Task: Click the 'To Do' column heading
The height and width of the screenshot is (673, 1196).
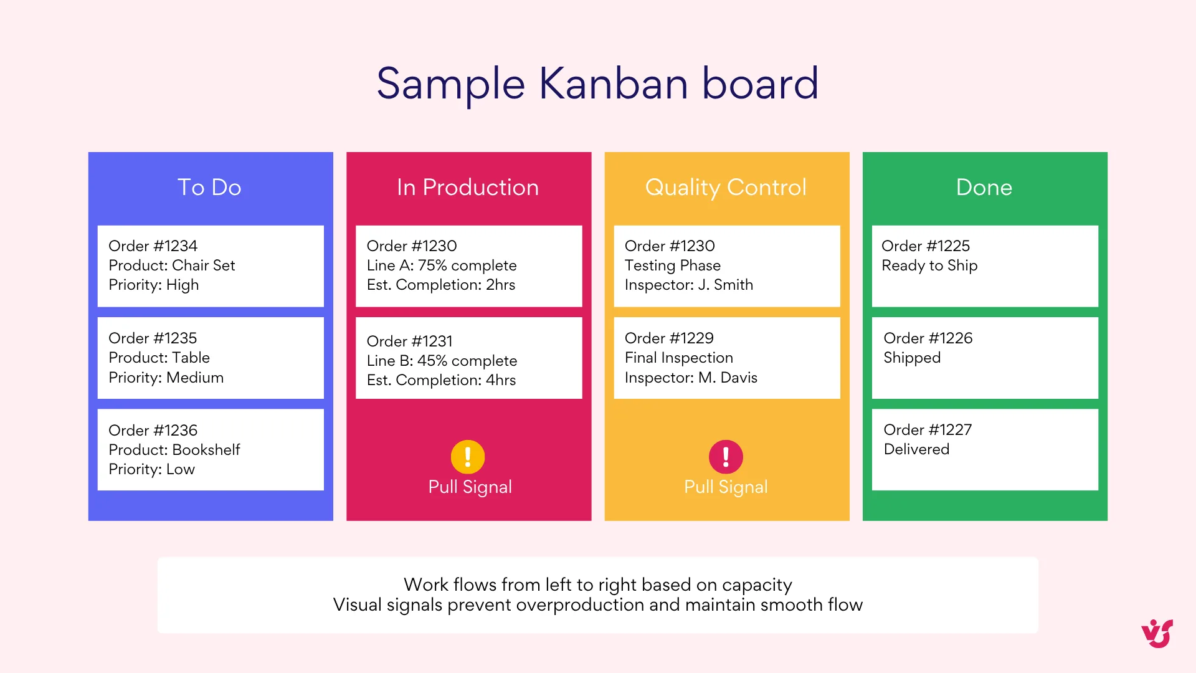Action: point(209,188)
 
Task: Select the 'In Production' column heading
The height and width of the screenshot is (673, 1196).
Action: point(468,188)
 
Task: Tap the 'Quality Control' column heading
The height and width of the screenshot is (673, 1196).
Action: point(726,188)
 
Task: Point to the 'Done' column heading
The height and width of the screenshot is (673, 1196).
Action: point(984,188)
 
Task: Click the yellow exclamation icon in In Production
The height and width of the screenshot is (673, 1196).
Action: point(468,457)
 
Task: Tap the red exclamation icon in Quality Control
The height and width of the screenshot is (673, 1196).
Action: point(726,457)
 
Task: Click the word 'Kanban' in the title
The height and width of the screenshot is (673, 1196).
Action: point(614,84)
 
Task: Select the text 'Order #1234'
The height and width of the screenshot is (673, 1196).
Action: point(153,246)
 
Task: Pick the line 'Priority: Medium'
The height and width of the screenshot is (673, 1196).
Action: point(166,378)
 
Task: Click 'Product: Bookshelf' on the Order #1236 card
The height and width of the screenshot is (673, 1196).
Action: point(174,450)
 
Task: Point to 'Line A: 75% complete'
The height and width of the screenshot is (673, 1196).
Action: point(442,265)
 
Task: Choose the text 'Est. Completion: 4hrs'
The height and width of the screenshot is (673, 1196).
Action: point(441,380)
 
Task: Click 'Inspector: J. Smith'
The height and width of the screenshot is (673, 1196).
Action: point(689,285)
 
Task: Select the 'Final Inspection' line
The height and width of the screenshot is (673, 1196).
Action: point(679,358)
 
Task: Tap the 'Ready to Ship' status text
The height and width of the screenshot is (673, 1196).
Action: point(929,265)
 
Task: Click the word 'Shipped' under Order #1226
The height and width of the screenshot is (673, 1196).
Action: point(912,358)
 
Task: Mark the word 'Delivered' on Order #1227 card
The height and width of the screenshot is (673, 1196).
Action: point(916,449)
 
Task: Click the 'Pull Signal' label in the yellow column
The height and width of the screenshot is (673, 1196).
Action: point(726,487)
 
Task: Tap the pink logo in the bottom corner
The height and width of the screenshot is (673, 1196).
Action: point(1157,634)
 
